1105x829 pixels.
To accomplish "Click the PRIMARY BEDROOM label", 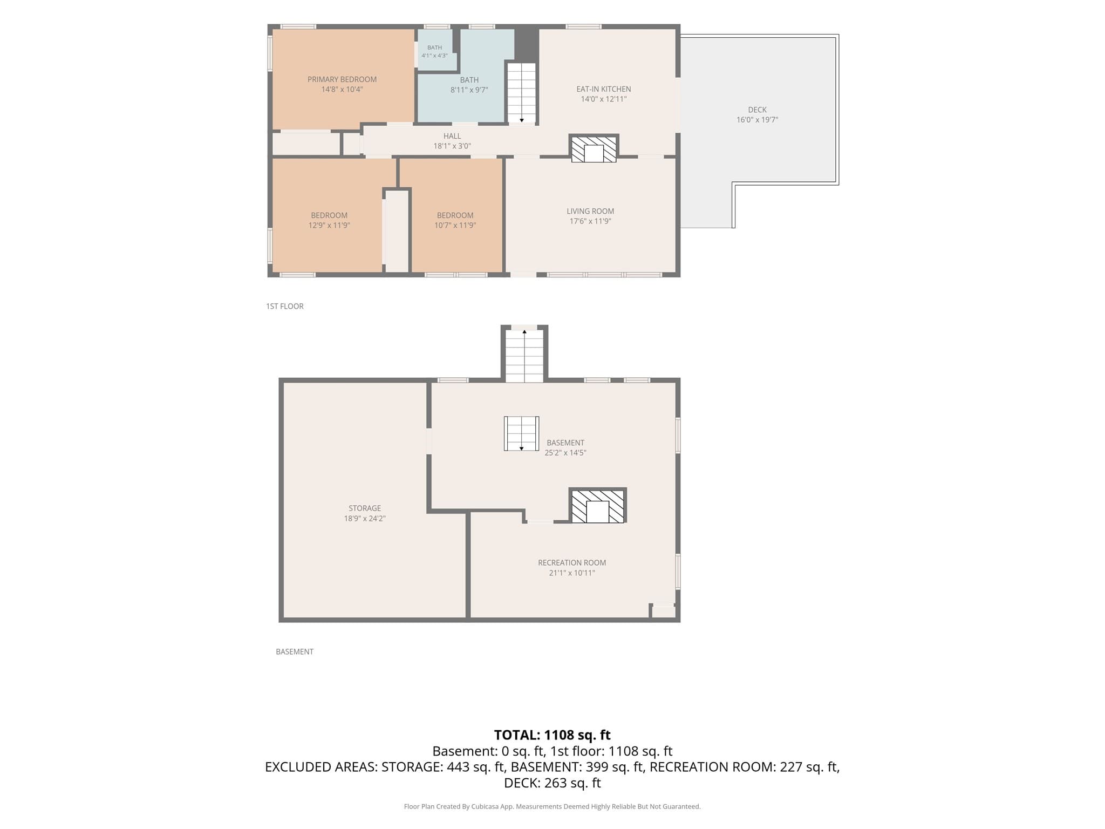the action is pyautogui.click(x=342, y=79).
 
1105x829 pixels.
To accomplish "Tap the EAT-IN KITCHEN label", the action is pyautogui.click(x=603, y=89).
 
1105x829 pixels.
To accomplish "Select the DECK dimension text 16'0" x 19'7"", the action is pyautogui.click(x=757, y=120).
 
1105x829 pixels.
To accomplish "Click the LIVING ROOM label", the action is pyautogui.click(x=590, y=211).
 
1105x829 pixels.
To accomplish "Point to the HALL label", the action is pyautogui.click(x=452, y=136).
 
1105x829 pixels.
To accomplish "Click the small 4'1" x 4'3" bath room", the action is pyautogui.click(x=435, y=50).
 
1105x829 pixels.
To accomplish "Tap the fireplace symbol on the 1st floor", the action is pyautogui.click(x=594, y=149).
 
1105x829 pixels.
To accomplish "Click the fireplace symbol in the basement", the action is pyautogui.click(x=597, y=506).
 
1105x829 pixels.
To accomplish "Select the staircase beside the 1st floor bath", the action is pyautogui.click(x=522, y=93).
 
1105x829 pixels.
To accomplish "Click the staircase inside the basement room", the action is pyautogui.click(x=521, y=433).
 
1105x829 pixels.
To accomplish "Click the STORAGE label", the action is pyautogui.click(x=365, y=508).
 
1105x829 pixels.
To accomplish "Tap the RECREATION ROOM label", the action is pyautogui.click(x=572, y=563).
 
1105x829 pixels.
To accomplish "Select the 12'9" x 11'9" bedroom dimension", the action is pyautogui.click(x=329, y=226).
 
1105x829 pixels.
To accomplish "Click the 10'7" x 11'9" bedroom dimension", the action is pyautogui.click(x=455, y=226).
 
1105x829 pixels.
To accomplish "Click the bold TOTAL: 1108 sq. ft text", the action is pyautogui.click(x=552, y=735).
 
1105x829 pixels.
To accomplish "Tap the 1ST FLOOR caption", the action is pyautogui.click(x=285, y=307).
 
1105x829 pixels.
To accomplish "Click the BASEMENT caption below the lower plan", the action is pyautogui.click(x=295, y=652).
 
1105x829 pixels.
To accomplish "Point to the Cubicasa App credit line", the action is pyautogui.click(x=552, y=807).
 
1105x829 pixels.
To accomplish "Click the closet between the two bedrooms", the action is pyautogui.click(x=397, y=231).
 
